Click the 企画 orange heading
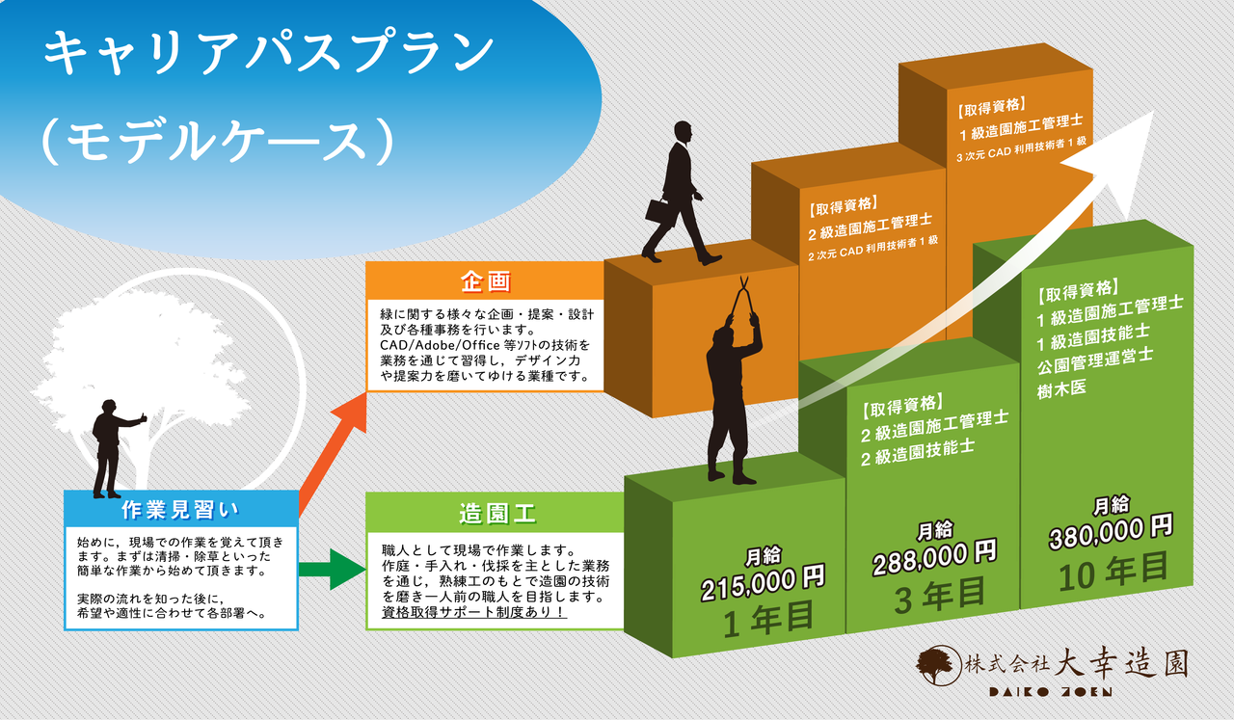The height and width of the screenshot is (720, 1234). click(485, 281)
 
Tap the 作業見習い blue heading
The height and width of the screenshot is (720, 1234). click(180, 509)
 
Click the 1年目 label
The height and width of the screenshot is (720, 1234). click(768, 617)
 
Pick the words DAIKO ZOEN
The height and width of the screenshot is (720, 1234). click(1050, 692)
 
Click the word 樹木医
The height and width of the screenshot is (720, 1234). click(1060, 387)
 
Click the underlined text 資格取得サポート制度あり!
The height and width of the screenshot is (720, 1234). click(474, 612)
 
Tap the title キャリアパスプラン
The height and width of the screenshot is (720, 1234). click(269, 54)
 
